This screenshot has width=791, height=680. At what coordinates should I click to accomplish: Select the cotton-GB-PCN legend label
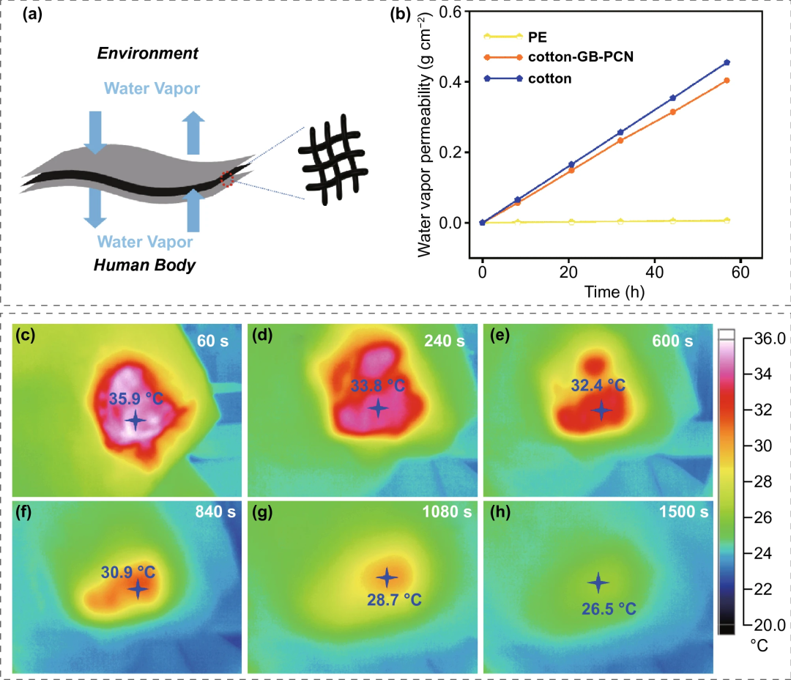coord(579,56)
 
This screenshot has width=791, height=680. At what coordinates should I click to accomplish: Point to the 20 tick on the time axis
coord(568,273)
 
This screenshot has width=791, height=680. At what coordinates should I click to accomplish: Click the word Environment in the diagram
coord(147,53)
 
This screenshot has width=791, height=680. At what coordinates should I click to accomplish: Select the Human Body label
coord(144,265)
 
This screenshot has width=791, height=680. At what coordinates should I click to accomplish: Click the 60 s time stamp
coord(216,341)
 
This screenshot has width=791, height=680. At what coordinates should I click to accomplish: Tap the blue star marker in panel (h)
coord(598,583)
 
